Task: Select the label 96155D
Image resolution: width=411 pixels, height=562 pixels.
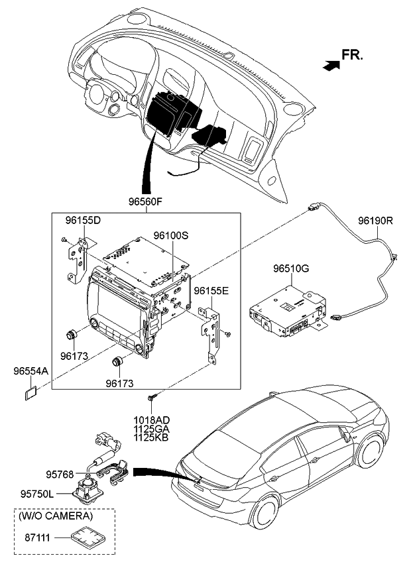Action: pyautogui.click(x=83, y=220)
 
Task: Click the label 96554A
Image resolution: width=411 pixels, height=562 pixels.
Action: pyautogui.click(x=30, y=372)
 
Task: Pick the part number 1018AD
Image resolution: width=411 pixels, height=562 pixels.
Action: pyautogui.click(x=152, y=420)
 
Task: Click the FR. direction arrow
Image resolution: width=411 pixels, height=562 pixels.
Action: pyautogui.click(x=330, y=64)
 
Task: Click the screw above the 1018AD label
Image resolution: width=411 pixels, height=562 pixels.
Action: pyautogui.click(x=152, y=398)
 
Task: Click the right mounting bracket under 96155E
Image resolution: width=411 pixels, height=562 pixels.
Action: pyautogui.click(x=211, y=331)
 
